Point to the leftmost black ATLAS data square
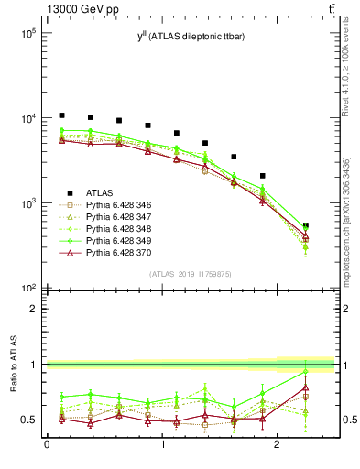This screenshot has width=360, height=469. click(x=61, y=115)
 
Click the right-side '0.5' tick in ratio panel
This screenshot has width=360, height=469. click(x=348, y=420)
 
